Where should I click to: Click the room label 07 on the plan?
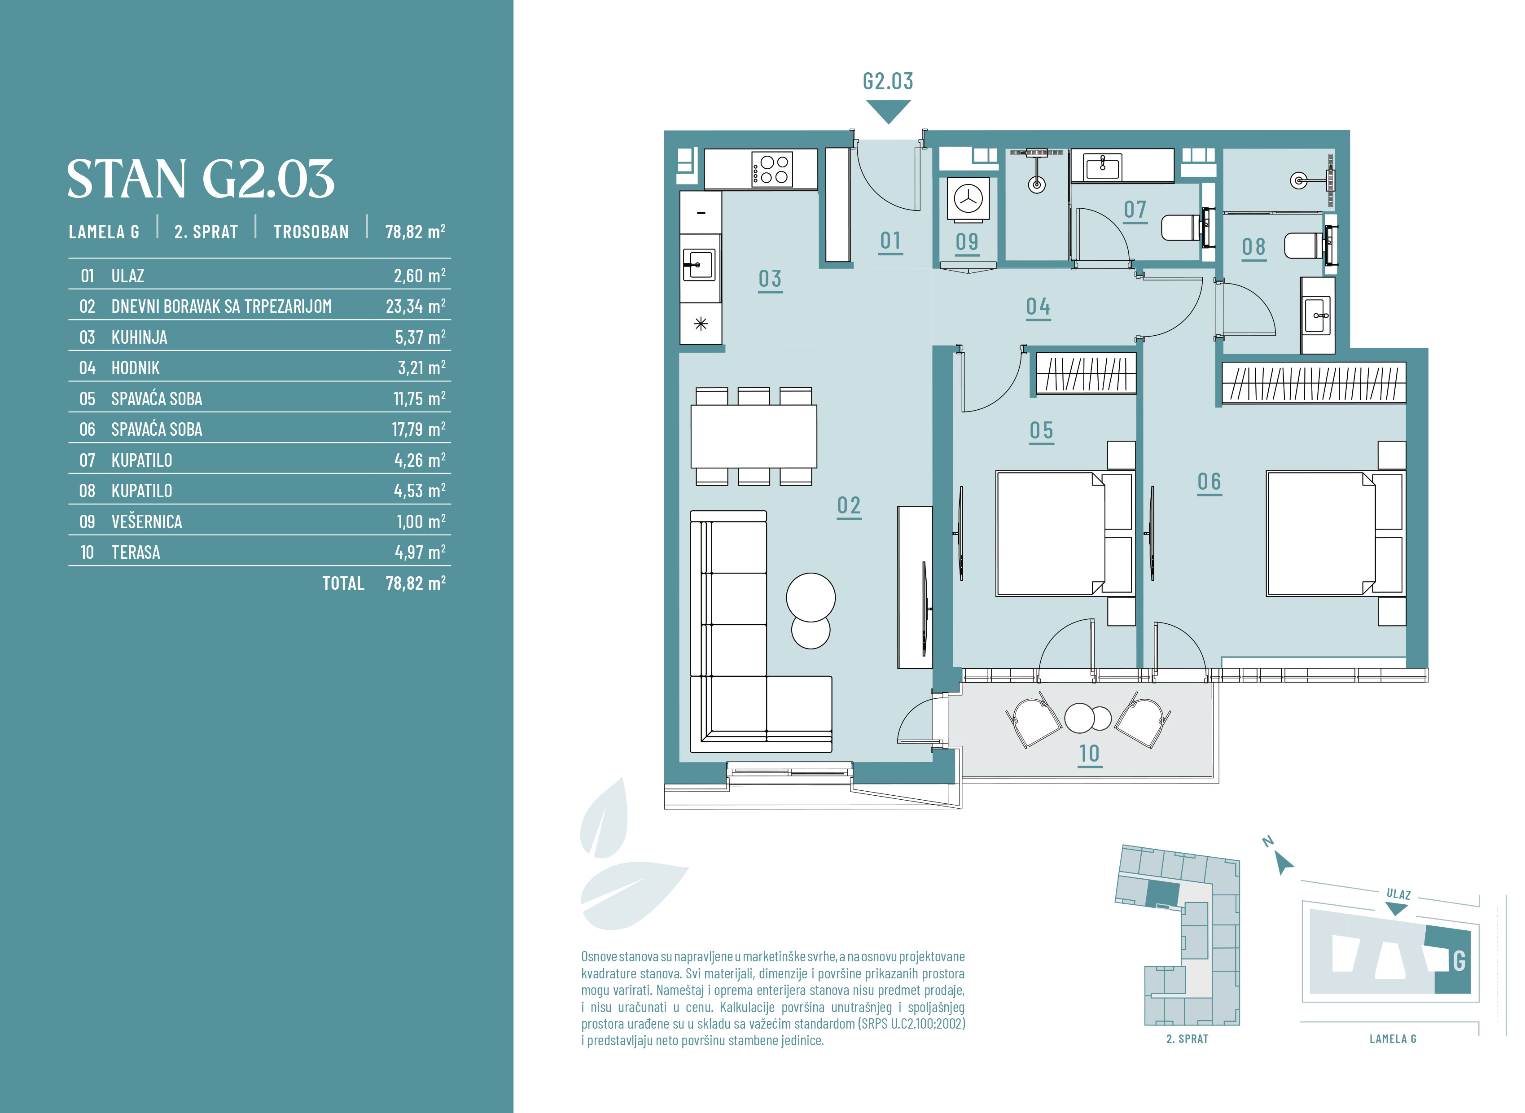pos(1135,210)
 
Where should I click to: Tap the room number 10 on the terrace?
pos(1089,753)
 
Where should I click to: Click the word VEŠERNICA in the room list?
pos(147,521)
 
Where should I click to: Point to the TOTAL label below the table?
pos(343,583)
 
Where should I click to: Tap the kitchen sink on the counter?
pos(698,265)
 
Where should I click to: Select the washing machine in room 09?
pos(968,199)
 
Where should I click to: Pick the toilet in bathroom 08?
pos(1309,245)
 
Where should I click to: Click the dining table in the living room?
pos(754,436)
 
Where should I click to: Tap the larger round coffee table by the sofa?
pos(811,597)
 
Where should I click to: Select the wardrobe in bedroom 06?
pos(1314,383)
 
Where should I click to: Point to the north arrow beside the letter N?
pos(1284,863)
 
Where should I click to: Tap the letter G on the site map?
pos(1459,961)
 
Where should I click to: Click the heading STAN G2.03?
pos(201,179)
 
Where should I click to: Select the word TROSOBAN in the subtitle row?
pos(311,232)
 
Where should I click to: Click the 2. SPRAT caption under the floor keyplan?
pos(1187,1039)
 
